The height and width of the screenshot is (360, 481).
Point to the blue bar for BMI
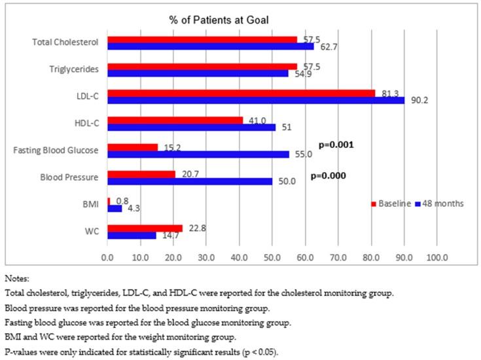[115, 208]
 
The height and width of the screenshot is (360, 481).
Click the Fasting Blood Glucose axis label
[57, 151]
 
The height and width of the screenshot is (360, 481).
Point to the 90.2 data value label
[416, 100]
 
